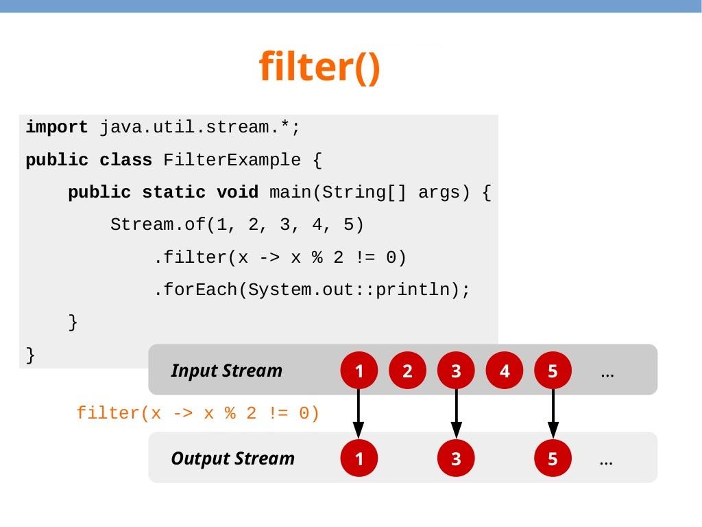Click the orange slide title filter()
click(x=319, y=67)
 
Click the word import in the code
click(x=57, y=128)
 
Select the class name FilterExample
click(x=232, y=161)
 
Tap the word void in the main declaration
click(x=237, y=193)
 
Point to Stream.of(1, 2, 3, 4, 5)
click(x=237, y=225)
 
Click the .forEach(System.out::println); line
click(x=312, y=290)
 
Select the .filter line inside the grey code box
click(x=280, y=258)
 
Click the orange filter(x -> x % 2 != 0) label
click(x=198, y=414)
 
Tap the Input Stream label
click(x=226, y=371)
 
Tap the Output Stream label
click(x=232, y=458)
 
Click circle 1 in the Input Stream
click(x=359, y=371)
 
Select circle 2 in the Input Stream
click(x=407, y=371)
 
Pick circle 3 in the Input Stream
click(x=456, y=371)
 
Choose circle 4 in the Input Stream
click(x=505, y=371)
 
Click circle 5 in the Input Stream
click(x=553, y=371)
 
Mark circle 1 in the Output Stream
click(x=359, y=458)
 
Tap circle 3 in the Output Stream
click(x=456, y=458)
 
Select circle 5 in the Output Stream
click(x=553, y=458)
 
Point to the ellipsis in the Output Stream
click(x=606, y=461)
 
